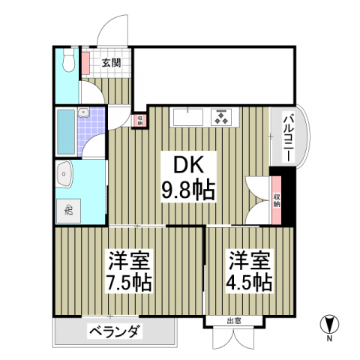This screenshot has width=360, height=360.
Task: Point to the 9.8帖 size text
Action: [x=188, y=188]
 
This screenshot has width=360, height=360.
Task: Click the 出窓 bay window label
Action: [x=234, y=322]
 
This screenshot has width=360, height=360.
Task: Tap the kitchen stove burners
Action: [x=222, y=117]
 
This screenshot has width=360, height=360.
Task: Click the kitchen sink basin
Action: [x=186, y=117]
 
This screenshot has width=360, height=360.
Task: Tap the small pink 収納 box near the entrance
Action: [x=139, y=119]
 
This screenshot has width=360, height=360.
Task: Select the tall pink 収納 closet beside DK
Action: [x=277, y=198]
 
